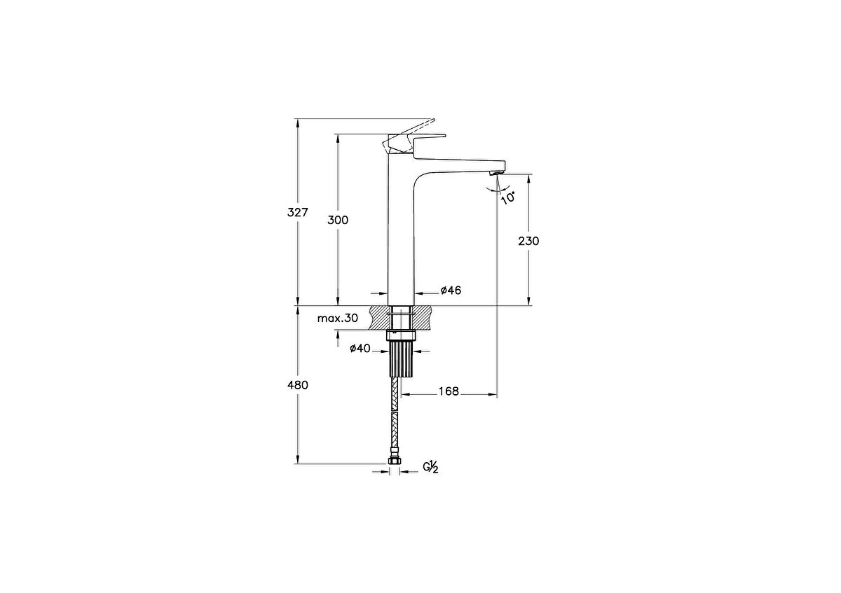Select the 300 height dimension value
(x=338, y=220)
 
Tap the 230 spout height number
(x=528, y=241)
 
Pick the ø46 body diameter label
(x=451, y=291)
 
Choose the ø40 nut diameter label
(x=360, y=349)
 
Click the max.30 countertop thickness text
(x=337, y=318)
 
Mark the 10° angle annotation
(x=509, y=197)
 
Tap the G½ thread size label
(x=430, y=467)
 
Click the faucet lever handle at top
(x=413, y=133)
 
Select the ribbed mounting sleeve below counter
(x=401, y=359)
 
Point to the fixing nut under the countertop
(x=401, y=335)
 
